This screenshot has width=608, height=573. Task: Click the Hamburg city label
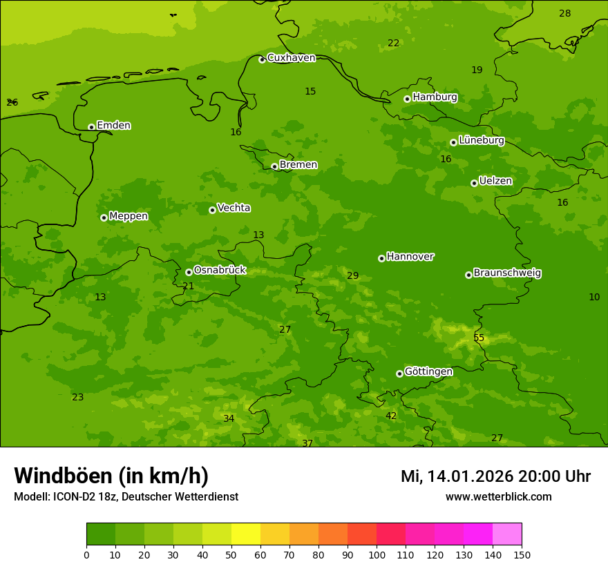coord(435,97)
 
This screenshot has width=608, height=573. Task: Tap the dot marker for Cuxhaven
coord(262,59)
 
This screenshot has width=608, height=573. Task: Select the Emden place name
coord(113,126)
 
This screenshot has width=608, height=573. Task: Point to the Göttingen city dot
coord(399,373)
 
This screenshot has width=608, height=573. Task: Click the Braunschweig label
coord(507,273)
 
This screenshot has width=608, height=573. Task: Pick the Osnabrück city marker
coord(189,272)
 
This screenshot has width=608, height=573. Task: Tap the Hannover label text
coord(410,257)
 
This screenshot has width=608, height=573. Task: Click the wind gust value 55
coord(479,338)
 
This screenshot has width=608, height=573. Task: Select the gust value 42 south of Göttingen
coord(391,416)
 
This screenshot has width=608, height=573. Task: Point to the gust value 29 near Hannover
coord(352,275)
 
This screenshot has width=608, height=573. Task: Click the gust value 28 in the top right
coord(564,13)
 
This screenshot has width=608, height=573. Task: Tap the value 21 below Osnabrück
coord(188,286)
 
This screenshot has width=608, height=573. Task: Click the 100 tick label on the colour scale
coord(377,554)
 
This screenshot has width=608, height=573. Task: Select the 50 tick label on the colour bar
coord(231,554)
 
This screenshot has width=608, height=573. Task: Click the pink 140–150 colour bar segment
coord(507,534)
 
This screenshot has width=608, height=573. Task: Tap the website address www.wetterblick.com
coord(498,496)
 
